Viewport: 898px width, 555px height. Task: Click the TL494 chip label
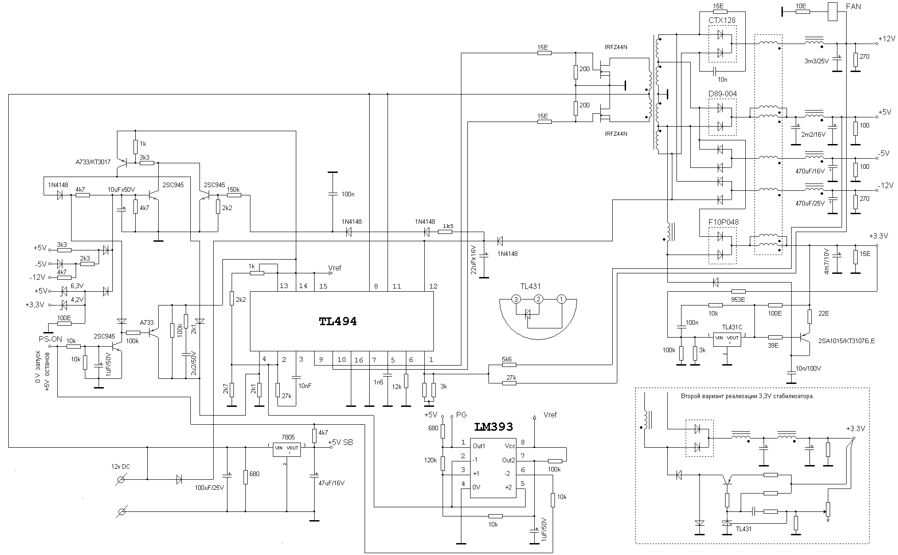pos(338,322)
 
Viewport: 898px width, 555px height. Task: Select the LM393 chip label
pos(493,427)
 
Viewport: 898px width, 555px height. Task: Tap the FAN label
pos(854,6)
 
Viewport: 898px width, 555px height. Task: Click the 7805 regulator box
pos(287,450)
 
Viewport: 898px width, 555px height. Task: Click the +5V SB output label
pos(340,443)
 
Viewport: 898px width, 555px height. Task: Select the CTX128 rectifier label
pos(722,20)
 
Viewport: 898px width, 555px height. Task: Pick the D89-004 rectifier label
pos(722,94)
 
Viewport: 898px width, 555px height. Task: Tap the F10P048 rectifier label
pos(723,222)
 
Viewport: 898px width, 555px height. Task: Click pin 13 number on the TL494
pos(283,286)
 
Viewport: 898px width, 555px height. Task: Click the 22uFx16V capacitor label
pos(474,260)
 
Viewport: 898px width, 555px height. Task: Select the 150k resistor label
pos(233,189)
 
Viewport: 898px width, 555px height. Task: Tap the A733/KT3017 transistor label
pos(93,162)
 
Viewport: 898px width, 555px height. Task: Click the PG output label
pos(461,415)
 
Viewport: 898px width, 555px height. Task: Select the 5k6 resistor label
pos(507,359)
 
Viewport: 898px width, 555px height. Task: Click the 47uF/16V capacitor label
pos(331,483)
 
